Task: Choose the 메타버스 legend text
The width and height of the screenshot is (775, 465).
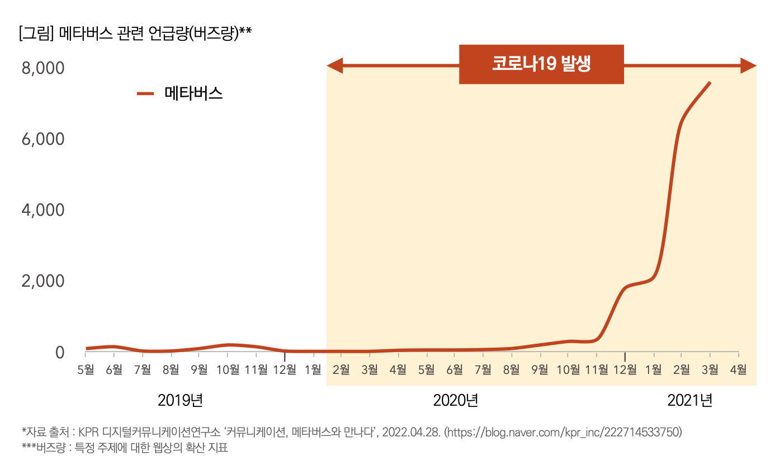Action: (x=193, y=94)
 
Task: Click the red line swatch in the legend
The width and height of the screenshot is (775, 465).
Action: (x=145, y=94)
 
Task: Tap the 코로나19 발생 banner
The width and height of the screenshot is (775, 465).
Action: (x=541, y=64)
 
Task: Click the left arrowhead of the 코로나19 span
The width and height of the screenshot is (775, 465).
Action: (x=334, y=65)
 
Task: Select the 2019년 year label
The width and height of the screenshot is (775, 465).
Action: (x=180, y=400)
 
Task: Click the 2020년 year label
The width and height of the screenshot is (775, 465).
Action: (x=456, y=400)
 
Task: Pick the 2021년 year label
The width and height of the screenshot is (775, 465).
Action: (x=690, y=400)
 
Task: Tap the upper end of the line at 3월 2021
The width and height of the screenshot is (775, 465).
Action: (x=710, y=83)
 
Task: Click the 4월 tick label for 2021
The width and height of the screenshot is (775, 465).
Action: (x=738, y=369)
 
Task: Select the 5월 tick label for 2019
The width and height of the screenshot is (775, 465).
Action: (x=86, y=369)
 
